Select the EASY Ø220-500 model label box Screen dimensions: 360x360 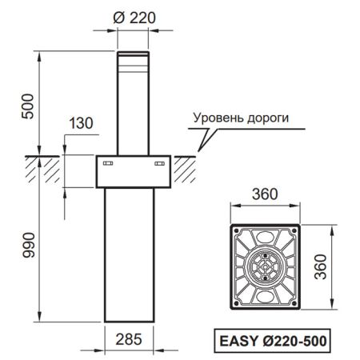coord(271,339)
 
